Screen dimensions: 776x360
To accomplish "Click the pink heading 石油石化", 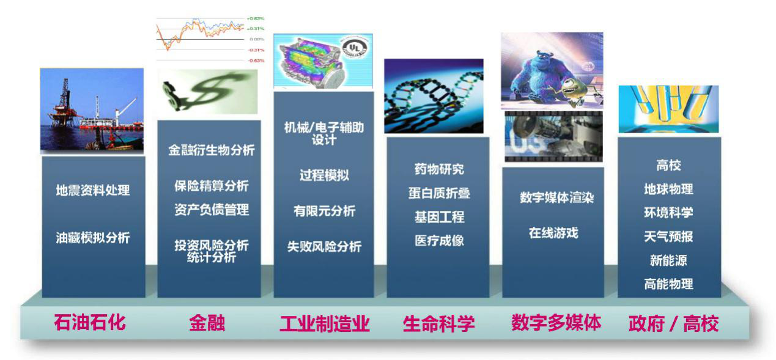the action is point(90,323).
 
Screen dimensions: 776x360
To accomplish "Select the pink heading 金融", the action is point(207,323).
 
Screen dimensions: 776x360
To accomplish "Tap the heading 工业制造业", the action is point(324,324).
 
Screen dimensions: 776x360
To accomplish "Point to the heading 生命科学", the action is point(438,324).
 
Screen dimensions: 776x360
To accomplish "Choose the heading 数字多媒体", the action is point(556,323).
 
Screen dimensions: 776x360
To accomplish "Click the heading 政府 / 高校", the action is point(673,324).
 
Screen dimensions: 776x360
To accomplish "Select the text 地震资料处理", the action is point(93,190).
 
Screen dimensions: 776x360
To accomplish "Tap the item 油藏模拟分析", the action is point(93,238).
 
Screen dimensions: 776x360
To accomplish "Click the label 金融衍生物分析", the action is point(212,150).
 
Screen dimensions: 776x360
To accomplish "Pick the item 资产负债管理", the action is point(212,210).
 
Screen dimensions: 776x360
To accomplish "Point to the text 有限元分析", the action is point(324,210).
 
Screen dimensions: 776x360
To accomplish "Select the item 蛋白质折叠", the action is point(439,193).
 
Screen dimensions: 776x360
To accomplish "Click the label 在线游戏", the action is point(553,233).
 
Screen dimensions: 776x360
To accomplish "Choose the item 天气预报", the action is point(668,237).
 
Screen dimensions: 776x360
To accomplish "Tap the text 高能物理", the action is point(668,284).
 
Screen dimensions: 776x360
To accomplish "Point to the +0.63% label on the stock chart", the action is point(256,18).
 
